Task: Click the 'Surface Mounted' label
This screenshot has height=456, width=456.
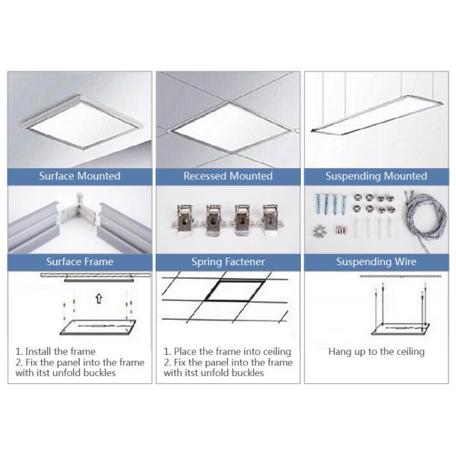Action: pos(80,176)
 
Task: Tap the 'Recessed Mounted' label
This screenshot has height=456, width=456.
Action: pos(228,176)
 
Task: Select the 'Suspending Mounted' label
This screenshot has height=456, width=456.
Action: pos(376,176)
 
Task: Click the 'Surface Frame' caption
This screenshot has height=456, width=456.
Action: pos(80,261)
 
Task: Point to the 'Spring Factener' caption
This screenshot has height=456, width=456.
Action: pos(228,261)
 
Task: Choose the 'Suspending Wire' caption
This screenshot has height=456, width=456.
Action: pos(376,261)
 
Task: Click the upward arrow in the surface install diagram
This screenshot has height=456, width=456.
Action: pos(99,299)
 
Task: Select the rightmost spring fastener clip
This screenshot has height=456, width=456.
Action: pos(271,220)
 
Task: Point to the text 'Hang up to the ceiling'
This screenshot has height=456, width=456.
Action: pos(376,352)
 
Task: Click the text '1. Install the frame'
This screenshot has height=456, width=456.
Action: pos(55,351)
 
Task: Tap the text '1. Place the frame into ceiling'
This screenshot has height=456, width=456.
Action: pos(227,352)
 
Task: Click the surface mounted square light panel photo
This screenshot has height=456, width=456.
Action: pos(82,122)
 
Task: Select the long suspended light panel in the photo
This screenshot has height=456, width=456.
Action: pos(377,115)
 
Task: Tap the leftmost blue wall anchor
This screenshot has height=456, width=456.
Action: pos(318,204)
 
